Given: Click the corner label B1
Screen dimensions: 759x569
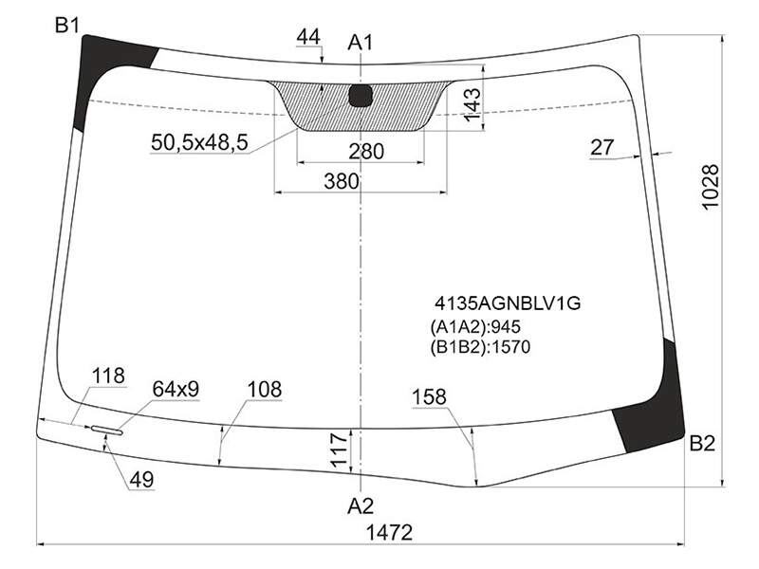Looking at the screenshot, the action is pos(67,26).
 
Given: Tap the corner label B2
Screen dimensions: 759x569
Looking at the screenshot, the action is pos(702,443).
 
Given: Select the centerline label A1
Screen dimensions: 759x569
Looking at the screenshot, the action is pos(361,43).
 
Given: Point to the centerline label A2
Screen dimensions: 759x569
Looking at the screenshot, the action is pos(361,506).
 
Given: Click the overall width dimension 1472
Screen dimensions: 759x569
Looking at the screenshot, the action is pos(389,533).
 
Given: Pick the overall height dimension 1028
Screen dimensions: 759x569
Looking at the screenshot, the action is pos(711,187).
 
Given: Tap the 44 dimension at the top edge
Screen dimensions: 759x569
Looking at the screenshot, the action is pos(308,37).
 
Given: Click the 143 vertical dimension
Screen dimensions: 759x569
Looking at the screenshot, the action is pos(472,104).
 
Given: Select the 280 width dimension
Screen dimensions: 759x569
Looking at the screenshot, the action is pos(366,152).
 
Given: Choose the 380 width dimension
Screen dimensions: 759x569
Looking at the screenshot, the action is pos(342,181).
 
